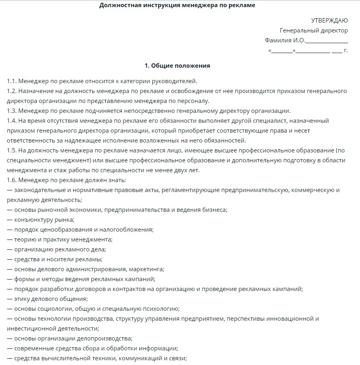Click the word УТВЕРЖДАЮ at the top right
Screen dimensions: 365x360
pos(330,21)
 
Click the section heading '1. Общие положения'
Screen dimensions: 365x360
pos(177,66)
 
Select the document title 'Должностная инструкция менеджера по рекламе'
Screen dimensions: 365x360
pos(177,5)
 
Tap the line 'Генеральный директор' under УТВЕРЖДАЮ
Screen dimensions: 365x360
pos(314,30)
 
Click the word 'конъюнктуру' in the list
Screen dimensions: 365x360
pos(32,220)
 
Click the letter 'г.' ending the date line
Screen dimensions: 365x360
pos(346,51)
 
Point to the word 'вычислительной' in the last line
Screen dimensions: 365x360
pos(59,358)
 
